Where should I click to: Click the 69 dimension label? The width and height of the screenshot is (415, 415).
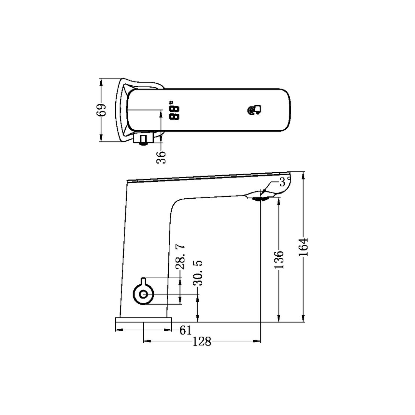click(x=101, y=110)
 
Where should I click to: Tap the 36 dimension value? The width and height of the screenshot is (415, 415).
click(x=162, y=157)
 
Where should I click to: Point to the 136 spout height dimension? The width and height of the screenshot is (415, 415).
click(x=279, y=259)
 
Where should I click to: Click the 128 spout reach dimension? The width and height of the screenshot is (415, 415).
click(x=202, y=341)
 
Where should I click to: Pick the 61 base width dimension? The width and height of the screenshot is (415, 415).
click(x=186, y=330)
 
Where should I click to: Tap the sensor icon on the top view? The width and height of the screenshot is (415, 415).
click(x=254, y=111)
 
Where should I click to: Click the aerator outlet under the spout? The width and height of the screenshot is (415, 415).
click(x=261, y=198)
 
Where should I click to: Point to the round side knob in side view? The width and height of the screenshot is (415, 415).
click(x=143, y=294)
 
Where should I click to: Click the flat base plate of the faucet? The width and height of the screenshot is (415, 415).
click(x=143, y=320)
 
